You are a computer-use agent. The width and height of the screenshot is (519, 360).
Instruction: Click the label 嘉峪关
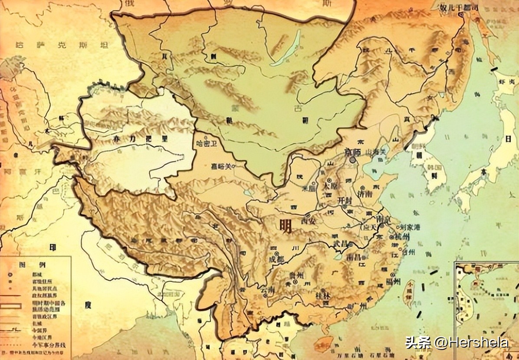pos(221,166)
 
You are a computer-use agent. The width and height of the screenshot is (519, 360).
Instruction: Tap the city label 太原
pos(331,185)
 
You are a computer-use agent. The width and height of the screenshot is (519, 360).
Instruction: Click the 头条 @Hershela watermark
pos(457,343)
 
